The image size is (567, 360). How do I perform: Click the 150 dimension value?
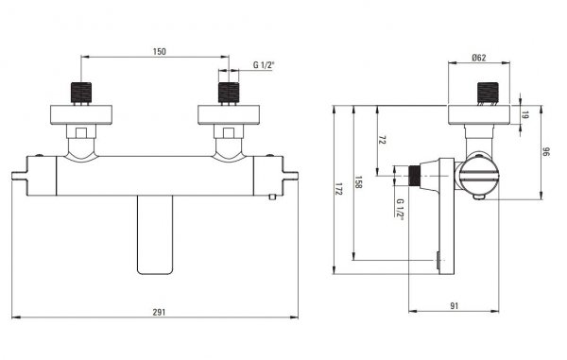click(159, 52)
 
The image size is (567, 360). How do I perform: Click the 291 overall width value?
click(159, 312)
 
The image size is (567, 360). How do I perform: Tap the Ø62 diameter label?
click(479, 58)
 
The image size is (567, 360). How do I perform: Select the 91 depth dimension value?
click(455, 306)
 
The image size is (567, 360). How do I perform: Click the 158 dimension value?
click(358, 182)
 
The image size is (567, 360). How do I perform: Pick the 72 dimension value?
click(382, 140)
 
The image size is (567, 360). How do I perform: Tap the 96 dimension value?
click(546, 151)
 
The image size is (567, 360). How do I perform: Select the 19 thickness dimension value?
click(525, 115)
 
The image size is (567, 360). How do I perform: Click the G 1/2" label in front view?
click(264, 65)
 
